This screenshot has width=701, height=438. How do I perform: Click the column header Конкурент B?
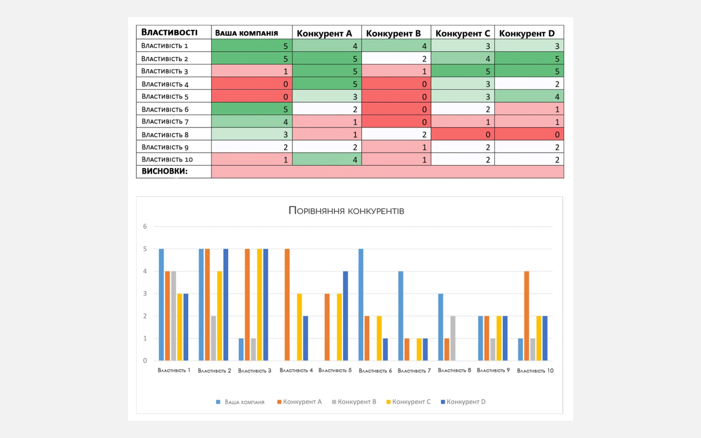393,33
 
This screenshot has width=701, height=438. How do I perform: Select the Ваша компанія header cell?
246,33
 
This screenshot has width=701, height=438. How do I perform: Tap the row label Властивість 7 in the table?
165,122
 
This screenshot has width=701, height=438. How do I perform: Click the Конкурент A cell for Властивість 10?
327,160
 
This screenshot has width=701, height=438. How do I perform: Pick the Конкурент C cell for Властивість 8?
463,134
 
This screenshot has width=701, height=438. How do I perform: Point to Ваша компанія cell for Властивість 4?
252,84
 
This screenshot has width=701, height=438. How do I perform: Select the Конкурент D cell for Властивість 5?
529,97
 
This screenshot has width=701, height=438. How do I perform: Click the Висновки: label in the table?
165,171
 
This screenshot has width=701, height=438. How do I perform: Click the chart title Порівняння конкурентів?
346,211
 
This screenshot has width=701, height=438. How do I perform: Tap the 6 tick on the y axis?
145,227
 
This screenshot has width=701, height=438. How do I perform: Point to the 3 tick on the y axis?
145,293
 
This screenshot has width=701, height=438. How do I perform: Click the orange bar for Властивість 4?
287,304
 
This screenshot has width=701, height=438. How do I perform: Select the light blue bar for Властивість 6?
361,304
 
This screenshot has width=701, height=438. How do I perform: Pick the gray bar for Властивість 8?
453,338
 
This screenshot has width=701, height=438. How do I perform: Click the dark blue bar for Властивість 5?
345,316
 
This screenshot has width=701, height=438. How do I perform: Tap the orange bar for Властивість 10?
526,316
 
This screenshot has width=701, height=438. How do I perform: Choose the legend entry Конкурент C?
409,402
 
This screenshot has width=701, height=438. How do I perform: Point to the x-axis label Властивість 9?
493,370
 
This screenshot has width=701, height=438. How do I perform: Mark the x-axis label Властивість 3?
254,370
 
